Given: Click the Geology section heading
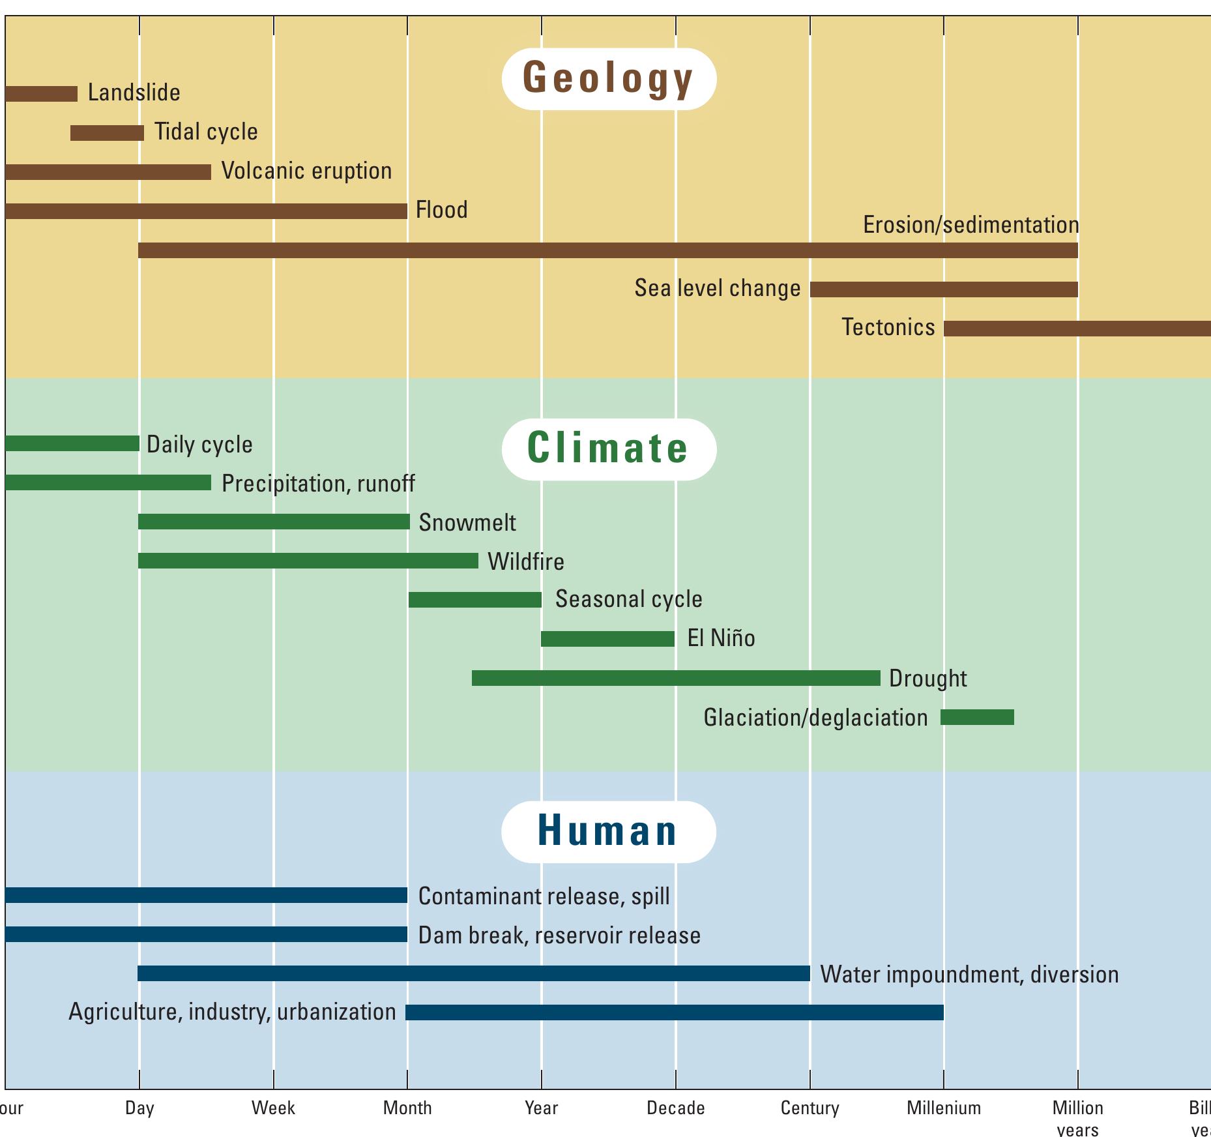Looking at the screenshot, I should point(608,78).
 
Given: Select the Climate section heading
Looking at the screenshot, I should point(608,449).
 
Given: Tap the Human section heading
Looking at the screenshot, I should point(608,831).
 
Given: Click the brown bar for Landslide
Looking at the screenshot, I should point(41,93).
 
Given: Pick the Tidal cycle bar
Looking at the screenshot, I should point(107,132).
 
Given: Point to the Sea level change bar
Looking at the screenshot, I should point(943,289).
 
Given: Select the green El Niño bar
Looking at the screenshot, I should point(607,639).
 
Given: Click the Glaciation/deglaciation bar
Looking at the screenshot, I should point(977,717).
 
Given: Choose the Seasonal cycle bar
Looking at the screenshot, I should point(474,600).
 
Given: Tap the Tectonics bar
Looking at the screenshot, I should point(1077,329).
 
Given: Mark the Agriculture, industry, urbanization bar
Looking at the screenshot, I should point(674,1012).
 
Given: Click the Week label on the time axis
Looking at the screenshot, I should point(273,1108).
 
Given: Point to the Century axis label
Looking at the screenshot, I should point(810,1108).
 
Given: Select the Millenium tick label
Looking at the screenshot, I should point(943,1108).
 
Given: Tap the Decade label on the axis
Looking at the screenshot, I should point(675,1108).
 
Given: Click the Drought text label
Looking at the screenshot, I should point(927,679).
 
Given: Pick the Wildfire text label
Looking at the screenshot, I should point(525,561).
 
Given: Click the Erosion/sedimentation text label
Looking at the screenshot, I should point(970,225).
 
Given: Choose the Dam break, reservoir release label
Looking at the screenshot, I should point(559,936).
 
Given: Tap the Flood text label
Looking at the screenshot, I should point(441,210).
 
